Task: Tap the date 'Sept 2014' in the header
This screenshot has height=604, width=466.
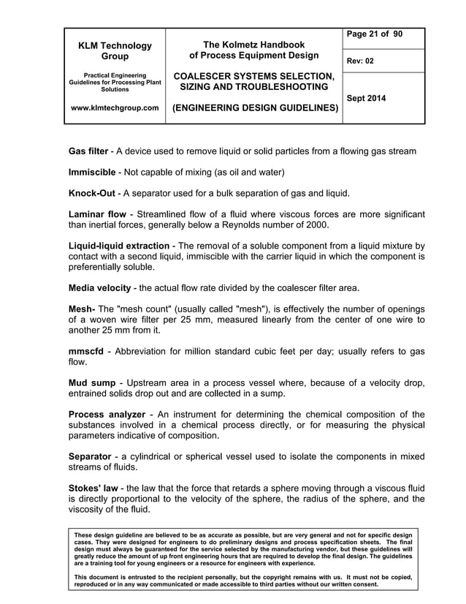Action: click(367, 98)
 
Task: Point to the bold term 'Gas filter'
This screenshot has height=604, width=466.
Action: click(88, 151)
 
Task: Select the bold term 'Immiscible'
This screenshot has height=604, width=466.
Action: click(92, 173)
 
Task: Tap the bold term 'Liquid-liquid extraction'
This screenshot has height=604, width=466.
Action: click(118, 246)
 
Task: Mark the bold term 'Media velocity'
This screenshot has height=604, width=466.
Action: click(101, 287)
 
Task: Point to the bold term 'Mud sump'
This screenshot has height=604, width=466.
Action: click(92, 383)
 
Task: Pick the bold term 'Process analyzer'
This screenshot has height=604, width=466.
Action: click(107, 415)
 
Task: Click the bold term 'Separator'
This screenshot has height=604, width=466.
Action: click(90, 457)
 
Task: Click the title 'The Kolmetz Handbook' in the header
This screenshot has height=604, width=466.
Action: click(253, 45)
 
